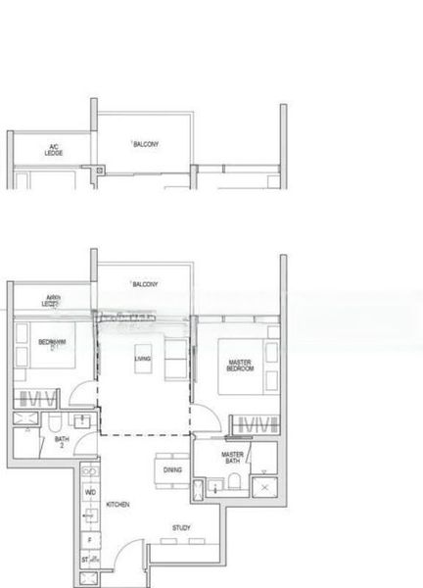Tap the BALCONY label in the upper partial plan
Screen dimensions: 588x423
point(146,143)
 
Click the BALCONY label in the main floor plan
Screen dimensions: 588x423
point(146,283)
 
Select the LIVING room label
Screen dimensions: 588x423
point(143,360)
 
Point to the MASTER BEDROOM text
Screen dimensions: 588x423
point(240,366)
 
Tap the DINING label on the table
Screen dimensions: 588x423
point(172,469)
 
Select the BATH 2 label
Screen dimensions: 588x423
point(62,442)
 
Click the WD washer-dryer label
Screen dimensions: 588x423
point(90,491)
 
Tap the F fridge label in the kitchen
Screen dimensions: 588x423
point(89,538)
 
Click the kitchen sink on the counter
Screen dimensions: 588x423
point(90,515)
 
